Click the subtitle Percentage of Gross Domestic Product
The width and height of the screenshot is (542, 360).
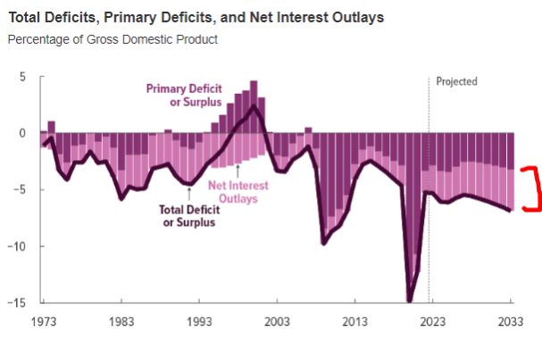click(x=113, y=39)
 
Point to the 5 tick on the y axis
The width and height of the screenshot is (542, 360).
click(x=23, y=78)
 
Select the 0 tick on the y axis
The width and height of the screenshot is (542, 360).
click(x=23, y=133)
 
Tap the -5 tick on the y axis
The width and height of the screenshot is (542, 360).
click(x=21, y=189)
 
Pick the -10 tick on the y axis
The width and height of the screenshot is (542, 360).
click(x=19, y=246)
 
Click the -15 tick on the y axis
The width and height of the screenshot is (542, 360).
click(x=19, y=302)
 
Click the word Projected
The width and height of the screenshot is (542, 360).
click(x=456, y=81)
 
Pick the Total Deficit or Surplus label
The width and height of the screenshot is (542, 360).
click(x=188, y=215)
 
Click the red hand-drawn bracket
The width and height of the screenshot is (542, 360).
click(x=532, y=188)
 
